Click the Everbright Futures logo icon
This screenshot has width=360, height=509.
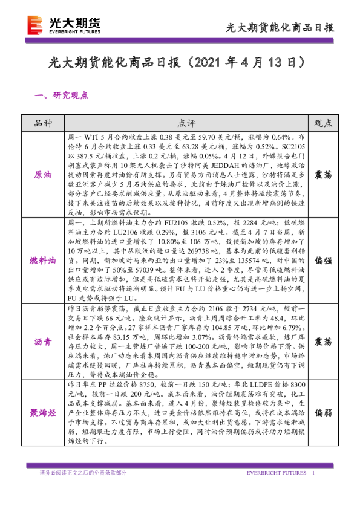point(36,25)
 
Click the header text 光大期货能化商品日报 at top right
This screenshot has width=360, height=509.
point(280,28)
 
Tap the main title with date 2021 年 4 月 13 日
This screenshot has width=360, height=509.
point(180,63)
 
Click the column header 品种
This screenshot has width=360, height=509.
point(44,123)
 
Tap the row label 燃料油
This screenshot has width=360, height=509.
point(44,261)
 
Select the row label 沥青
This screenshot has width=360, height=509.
point(44,342)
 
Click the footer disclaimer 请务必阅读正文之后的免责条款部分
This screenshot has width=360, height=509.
point(83,473)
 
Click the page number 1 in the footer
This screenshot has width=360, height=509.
point(313,473)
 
